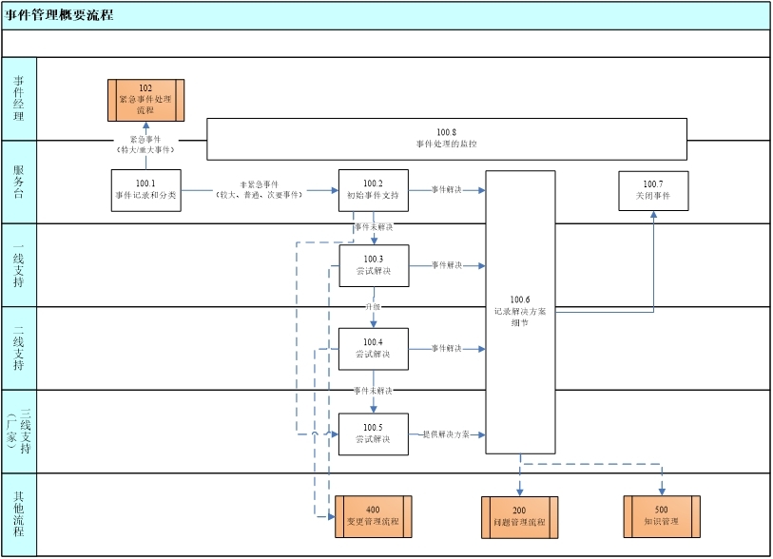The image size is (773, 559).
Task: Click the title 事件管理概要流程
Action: (60, 15)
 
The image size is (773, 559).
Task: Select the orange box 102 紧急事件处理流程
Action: (145, 100)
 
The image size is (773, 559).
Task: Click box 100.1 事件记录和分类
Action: (145, 190)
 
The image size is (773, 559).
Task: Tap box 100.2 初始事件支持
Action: (373, 190)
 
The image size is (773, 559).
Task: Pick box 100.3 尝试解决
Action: (373, 265)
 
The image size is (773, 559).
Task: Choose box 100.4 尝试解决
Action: (373, 349)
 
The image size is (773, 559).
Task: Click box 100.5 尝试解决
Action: (373, 434)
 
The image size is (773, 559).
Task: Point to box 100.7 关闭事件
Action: (653, 190)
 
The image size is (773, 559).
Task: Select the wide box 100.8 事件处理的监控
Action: (447, 139)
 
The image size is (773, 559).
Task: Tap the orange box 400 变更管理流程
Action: (372, 516)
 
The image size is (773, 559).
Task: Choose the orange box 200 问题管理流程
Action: (519, 516)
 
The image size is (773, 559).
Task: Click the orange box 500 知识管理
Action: (662, 516)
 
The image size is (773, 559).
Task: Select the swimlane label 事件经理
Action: (19, 98)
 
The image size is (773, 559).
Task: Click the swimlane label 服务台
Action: (19, 182)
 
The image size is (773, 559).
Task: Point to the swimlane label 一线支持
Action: (19, 265)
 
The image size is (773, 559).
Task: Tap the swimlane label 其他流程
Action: (19, 514)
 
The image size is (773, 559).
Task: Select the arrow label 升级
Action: (373, 307)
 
